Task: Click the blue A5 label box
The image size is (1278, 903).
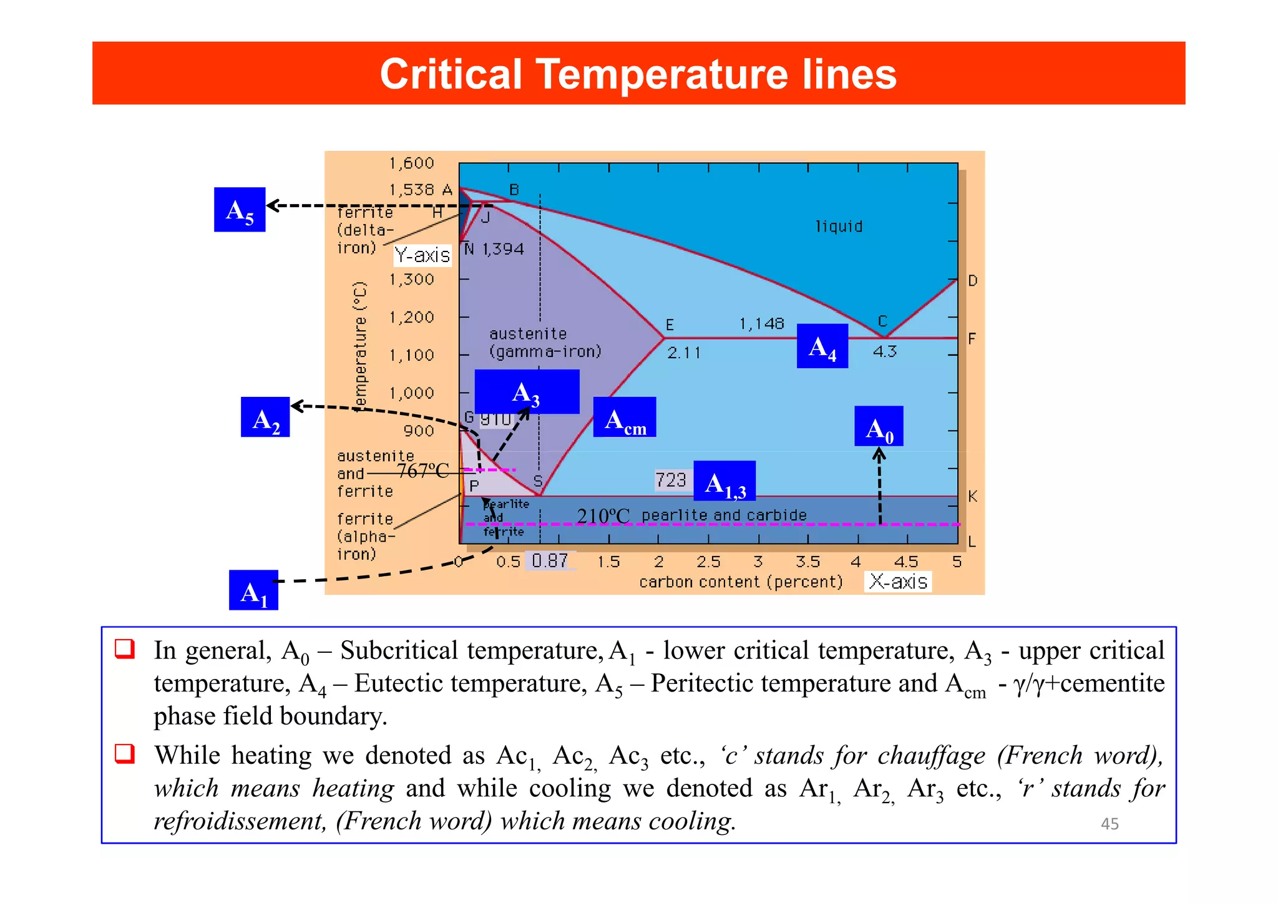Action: [240, 210]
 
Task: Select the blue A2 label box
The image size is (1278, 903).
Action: [265, 417]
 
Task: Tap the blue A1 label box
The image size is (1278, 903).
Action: [253, 590]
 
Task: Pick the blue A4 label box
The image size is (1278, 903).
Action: [822, 346]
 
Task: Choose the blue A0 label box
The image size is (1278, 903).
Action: [879, 427]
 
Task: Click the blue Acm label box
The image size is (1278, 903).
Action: [624, 417]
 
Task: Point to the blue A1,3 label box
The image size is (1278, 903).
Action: [724, 481]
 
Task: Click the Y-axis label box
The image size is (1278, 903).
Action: [422, 255]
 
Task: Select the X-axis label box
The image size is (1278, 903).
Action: [898, 582]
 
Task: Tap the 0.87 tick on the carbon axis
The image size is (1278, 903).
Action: [550, 561]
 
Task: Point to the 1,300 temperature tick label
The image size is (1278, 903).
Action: [412, 279]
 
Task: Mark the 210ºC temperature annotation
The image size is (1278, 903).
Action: [603, 516]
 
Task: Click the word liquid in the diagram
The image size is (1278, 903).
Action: [839, 227]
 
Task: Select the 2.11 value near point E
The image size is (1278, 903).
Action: [684, 353]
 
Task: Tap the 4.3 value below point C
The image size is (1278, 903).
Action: [884, 351]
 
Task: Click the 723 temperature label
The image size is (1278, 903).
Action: [671, 480]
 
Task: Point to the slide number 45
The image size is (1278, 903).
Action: [1110, 824]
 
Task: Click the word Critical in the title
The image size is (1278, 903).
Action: [451, 74]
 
